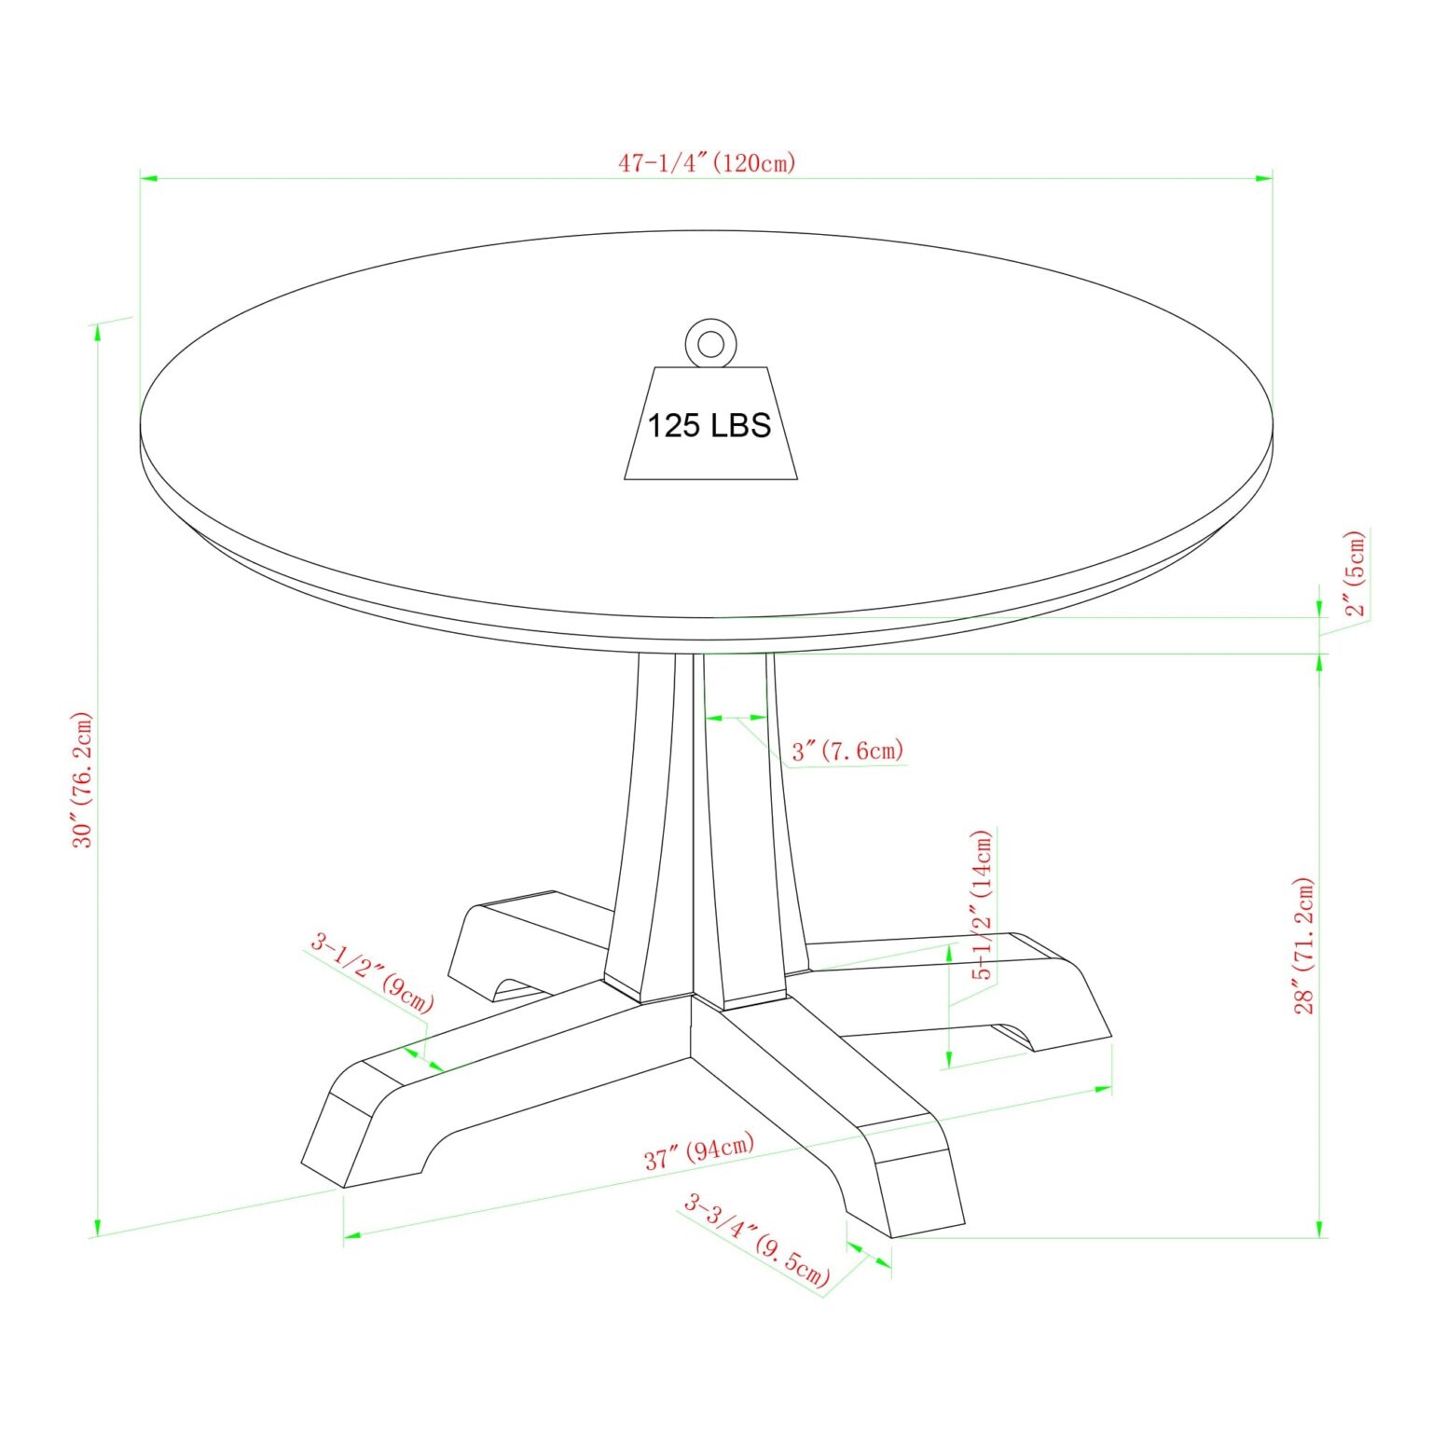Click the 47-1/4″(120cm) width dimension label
coord(708,163)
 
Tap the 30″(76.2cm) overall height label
coord(83,779)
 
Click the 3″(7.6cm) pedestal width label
coord(848,750)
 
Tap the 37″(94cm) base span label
coord(699,1151)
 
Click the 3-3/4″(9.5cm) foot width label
coord(756,1240)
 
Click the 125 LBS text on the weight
coord(709,426)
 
